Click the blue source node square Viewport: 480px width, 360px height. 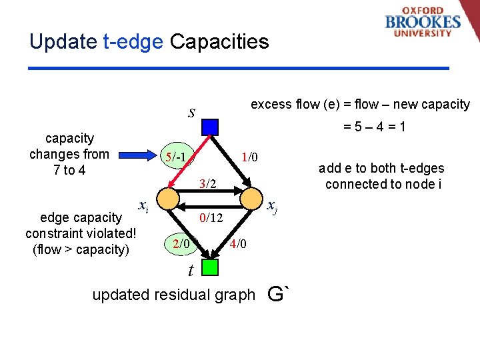[x=210, y=126]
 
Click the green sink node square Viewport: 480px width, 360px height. [x=210, y=267]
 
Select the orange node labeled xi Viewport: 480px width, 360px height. [x=169, y=198]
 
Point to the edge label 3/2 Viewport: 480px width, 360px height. [x=209, y=183]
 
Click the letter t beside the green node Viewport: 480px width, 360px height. [x=191, y=271]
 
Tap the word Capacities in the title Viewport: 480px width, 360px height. [x=219, y=42]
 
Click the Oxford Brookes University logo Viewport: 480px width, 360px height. [x=422, y=22]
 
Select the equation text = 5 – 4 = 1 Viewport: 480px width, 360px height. [x=375, y=127]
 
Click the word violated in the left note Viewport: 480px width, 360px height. [x=111, y=233]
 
